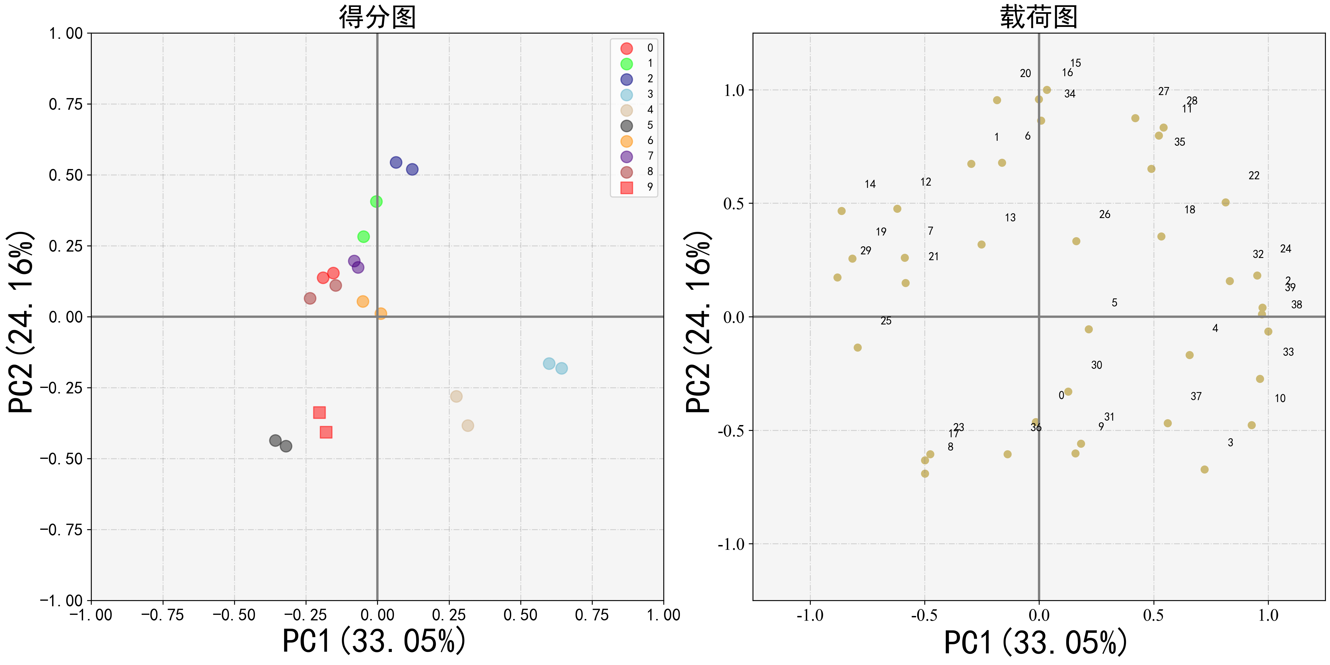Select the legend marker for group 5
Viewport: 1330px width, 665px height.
(626, 126)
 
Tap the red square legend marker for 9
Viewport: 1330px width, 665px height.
(626, 187)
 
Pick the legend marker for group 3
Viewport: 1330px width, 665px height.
(626, 94)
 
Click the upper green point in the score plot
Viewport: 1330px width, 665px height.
(376, 201)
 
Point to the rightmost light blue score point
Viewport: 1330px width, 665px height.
(561, 368)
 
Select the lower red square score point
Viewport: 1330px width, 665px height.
(326, 432)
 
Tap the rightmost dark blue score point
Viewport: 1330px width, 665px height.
(412, 169)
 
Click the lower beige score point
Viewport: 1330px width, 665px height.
(468, 425)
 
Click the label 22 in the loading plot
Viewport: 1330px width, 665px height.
(1254, 176)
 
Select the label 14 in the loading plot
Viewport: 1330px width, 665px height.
(870, 184)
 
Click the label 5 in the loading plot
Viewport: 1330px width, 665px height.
(1114, 303)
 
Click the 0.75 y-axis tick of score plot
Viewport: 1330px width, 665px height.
(66, 104)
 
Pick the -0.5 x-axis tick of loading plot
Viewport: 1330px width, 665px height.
(924, 615)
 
